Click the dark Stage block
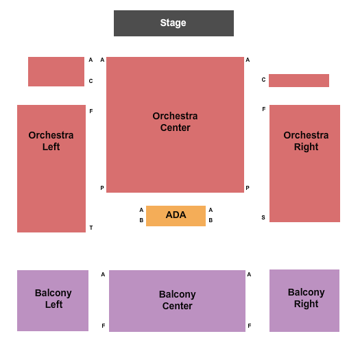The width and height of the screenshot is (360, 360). coord(173,23)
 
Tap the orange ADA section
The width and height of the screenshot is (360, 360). coord(176,216)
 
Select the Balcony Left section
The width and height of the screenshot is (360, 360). coord(53,300)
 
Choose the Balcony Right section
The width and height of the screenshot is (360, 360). coord(304,300)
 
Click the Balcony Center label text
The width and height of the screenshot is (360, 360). coord(177,300)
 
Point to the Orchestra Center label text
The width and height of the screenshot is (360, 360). coord(175,122)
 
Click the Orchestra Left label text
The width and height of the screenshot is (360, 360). coord(51,141)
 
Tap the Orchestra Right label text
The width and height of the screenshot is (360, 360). coord(306,141)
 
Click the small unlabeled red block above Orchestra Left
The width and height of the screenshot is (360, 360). coord(56,71)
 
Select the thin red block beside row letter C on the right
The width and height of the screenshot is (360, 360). coord(299,81)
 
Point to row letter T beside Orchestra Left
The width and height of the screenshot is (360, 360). coord(91,228)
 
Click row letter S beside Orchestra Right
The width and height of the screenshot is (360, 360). coord(263,217)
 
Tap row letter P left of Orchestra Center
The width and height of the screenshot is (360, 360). coord(102,188)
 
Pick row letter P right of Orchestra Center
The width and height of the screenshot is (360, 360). coord(248,188)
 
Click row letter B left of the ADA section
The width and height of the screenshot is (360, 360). coord(141,220)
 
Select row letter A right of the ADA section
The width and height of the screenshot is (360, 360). coord(211,210)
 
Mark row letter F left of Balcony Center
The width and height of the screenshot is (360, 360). coord(104,326)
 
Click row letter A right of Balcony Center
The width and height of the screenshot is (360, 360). coord(249,274)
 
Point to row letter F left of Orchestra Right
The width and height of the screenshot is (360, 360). coord(264,109)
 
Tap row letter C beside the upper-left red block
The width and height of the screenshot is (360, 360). coord(91,81)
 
